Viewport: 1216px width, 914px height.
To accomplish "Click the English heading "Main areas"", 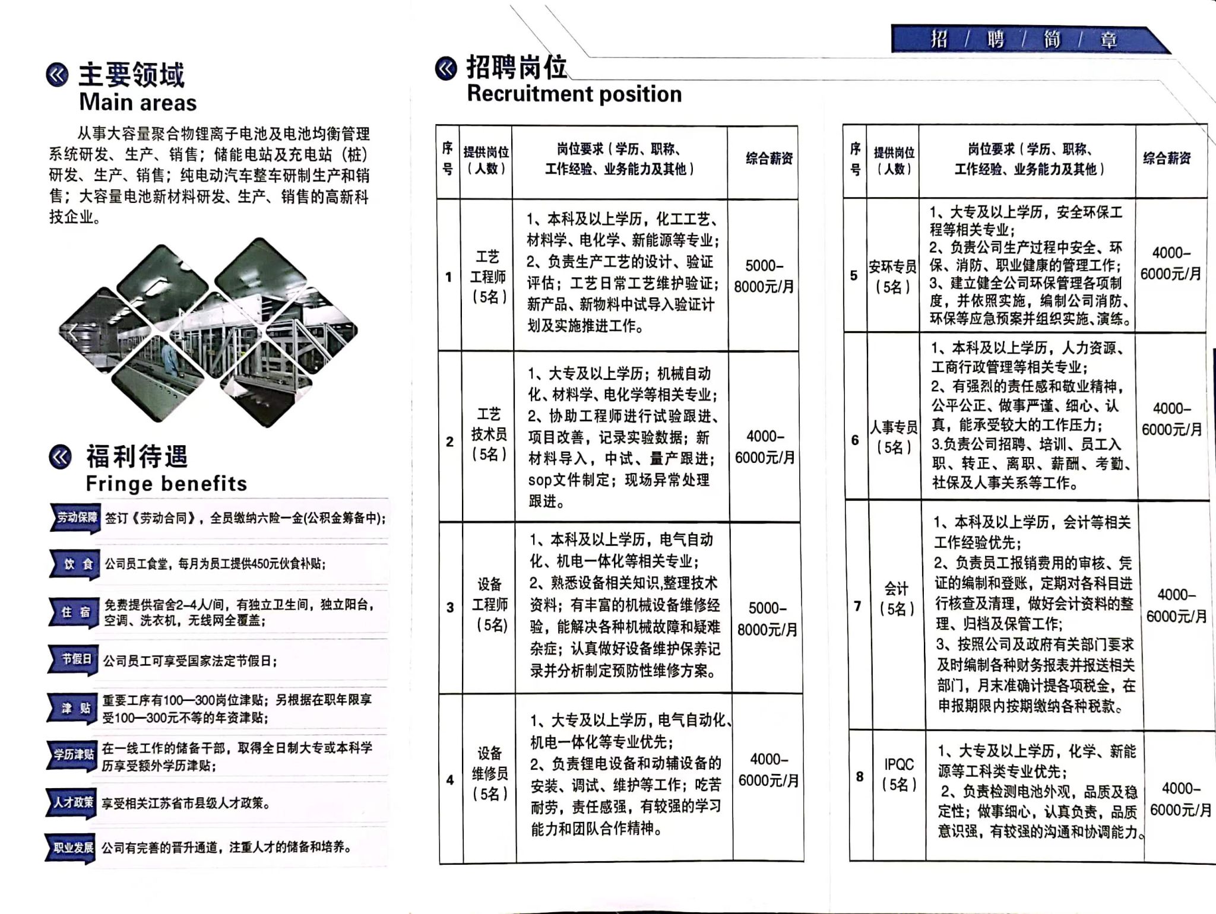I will [x=138, y=103].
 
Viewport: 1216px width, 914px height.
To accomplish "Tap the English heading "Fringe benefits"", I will [x=166, y=484].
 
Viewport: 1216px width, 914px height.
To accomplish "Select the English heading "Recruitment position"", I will [x=574, y=94].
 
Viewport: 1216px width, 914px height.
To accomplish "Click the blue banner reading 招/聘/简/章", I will [x=1024, y=40].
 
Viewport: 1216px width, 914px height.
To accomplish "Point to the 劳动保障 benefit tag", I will [x=76, y=518].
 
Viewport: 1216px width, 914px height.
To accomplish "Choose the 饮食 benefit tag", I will [x=77, y=564].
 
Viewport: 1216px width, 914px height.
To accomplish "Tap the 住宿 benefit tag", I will [x=75, y=612].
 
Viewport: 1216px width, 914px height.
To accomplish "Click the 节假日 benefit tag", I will [x=76, y=659].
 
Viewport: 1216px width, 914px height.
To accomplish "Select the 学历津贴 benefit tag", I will [x=74, y=754].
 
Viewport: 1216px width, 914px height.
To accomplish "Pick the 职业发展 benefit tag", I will [x=73, y=848].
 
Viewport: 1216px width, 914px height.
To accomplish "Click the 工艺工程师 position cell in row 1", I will [x=488, y=277].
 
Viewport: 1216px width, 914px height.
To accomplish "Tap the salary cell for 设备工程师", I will [x=767, y=618].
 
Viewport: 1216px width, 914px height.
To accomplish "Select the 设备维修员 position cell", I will [x=490, y=773].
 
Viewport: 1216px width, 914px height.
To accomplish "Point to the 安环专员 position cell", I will [x=892, y=277].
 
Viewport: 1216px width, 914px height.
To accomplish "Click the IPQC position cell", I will [x=898, y=775].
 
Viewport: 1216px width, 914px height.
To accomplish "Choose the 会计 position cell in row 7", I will [x=896, y=599].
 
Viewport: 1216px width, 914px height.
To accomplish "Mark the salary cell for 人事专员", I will [x=1171, y=419].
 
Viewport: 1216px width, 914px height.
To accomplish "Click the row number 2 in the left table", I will [x=449, y=442].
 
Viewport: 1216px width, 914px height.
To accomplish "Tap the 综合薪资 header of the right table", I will [x=1167, y=158].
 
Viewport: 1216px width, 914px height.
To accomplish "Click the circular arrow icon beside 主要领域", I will [x=58, y=75].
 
